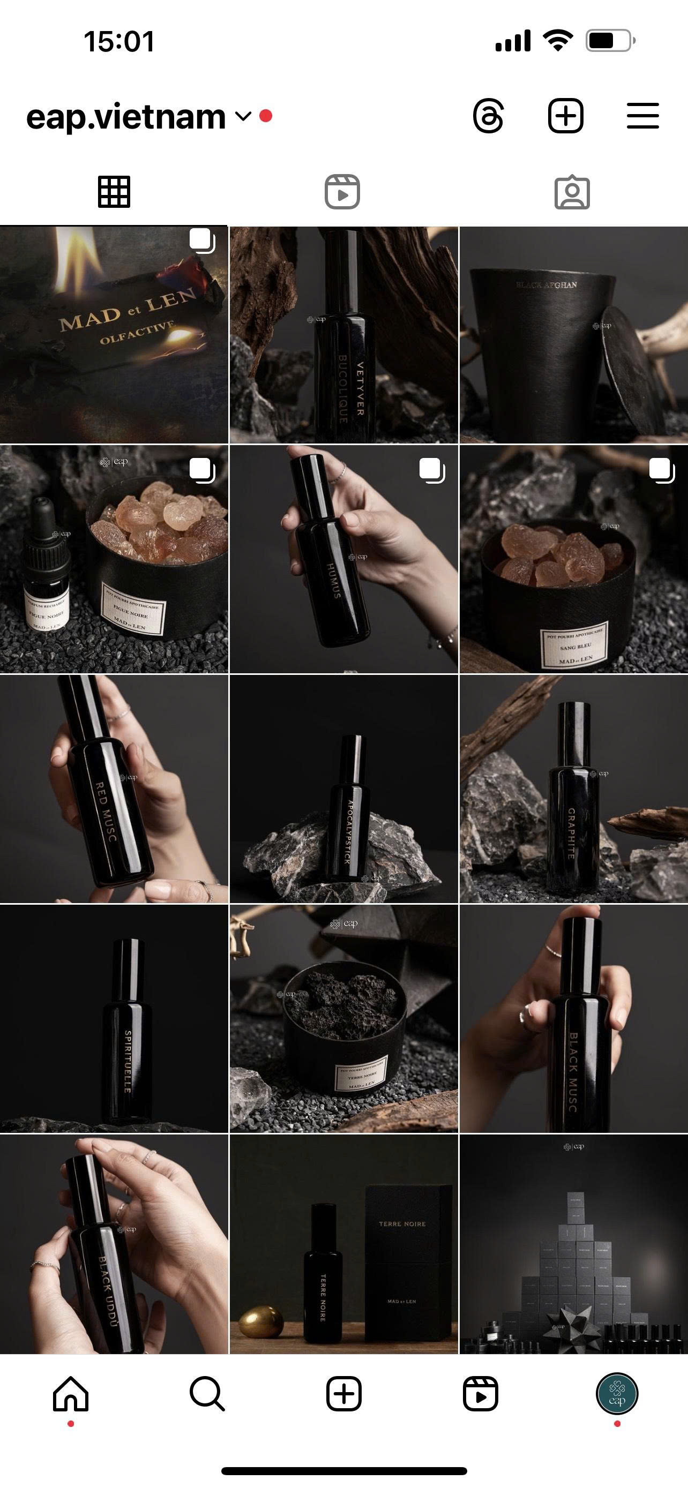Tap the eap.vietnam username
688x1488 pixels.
[x=126, y=117]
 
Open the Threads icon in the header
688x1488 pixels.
[x=488, y=116]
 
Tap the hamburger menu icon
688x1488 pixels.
[x=642, y=116]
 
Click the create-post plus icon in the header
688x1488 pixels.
[x=565, y=116]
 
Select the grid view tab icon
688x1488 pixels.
[x=114, y=192]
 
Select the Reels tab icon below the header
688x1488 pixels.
[x=342, y=192]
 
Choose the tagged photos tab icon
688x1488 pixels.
[x=572, y=192]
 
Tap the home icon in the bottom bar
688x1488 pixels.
[x=71, y=1394]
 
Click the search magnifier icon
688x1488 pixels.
[x=207, y=1394]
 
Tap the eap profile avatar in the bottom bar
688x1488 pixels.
[x=617, y=1394]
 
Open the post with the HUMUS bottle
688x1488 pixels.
[x=343, y=559]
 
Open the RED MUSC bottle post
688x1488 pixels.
[x=114, y=788]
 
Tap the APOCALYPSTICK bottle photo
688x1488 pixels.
[x=343, y=788]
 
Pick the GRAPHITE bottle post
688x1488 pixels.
[x=573, y=788]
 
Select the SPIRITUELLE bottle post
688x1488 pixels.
[x=114, y=1018]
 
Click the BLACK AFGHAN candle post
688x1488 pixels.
[x=573, y=335]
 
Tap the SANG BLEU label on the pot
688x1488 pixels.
[x=575, y=647]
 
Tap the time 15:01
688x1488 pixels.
[x=119, y=42]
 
